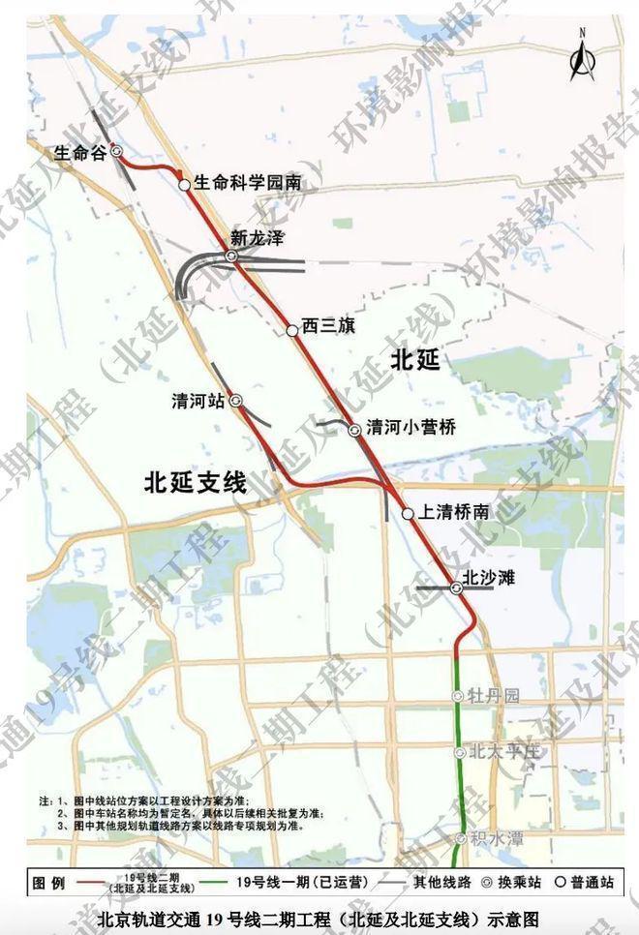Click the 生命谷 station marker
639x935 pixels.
(116, 151)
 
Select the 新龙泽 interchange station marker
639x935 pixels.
(231, 256)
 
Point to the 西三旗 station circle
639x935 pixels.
(291, 330)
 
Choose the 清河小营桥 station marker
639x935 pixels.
(355, 429)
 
